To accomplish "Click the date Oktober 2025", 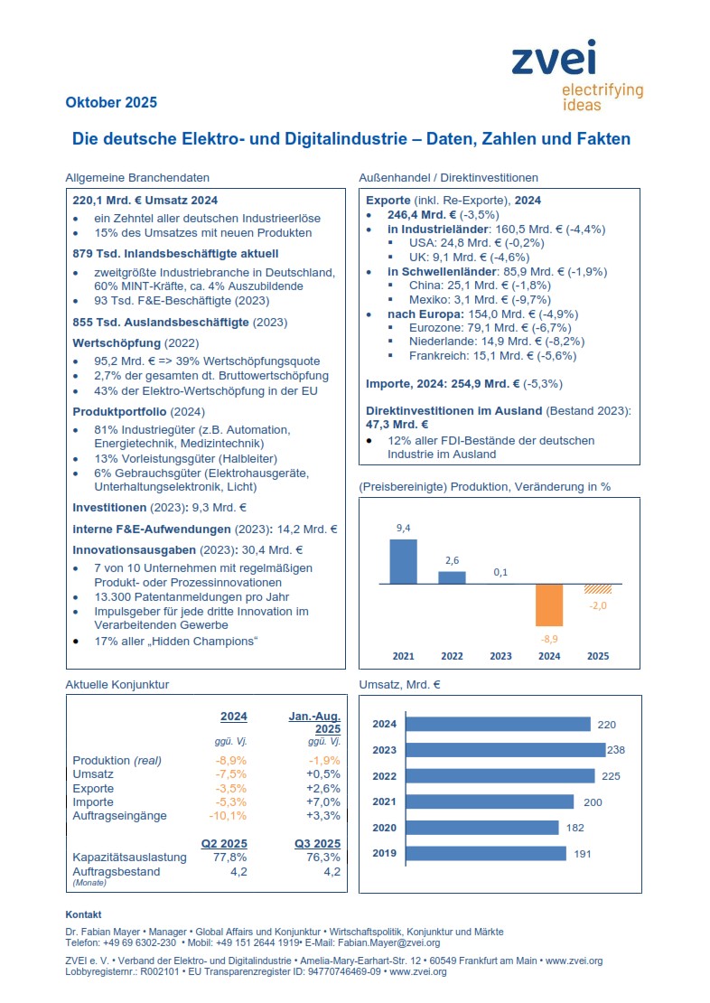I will click(x=111, y=102).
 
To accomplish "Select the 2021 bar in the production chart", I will click(x=403, y=561).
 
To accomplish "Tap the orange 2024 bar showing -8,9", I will click(x=549, y=605).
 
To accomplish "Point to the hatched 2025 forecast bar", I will click(x=598, y=588).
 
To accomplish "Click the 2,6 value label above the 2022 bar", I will click(x=453, y=560).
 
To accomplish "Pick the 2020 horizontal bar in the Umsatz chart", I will click(x=482, y=828).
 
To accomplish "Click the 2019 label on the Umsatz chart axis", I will click(x=385, y=853).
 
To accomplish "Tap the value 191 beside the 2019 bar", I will click(x=581, y=854).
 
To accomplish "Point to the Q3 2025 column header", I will click(x=317, y=843).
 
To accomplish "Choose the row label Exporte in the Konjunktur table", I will click(x=93, y=789).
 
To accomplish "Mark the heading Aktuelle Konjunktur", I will click(x=117, y=685).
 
